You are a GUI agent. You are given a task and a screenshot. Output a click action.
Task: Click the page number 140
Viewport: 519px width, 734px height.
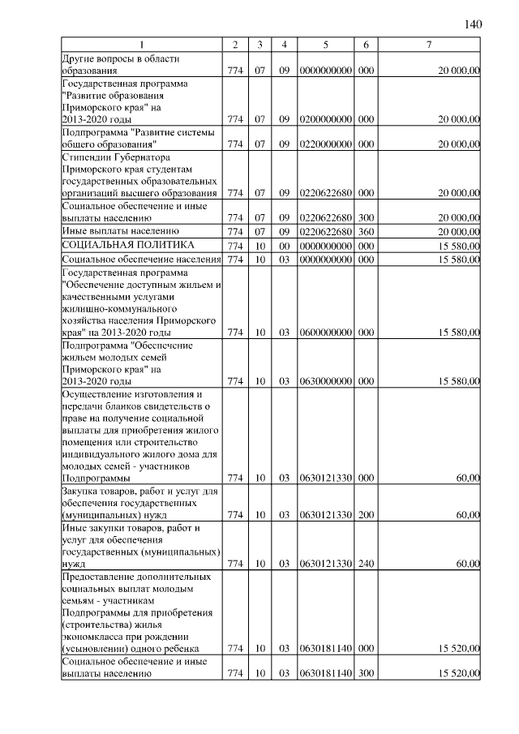point(474,24)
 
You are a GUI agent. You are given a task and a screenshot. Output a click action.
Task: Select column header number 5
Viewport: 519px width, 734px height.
point(324,44)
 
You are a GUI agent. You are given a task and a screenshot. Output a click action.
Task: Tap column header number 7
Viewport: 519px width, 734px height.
point(429,44)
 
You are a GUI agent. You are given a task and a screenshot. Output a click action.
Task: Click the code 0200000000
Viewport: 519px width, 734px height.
point(324,119)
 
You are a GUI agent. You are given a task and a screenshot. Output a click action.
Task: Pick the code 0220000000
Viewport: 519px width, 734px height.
point(324,144)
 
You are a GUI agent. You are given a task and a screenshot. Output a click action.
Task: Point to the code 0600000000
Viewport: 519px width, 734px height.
point(324,333)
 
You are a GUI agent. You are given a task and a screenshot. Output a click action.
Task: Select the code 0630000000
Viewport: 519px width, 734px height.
point(324,381)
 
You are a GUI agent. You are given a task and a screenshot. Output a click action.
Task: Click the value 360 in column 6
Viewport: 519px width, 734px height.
point(366,232)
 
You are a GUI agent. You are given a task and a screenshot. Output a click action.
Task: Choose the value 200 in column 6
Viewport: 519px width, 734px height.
point(366,514)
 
